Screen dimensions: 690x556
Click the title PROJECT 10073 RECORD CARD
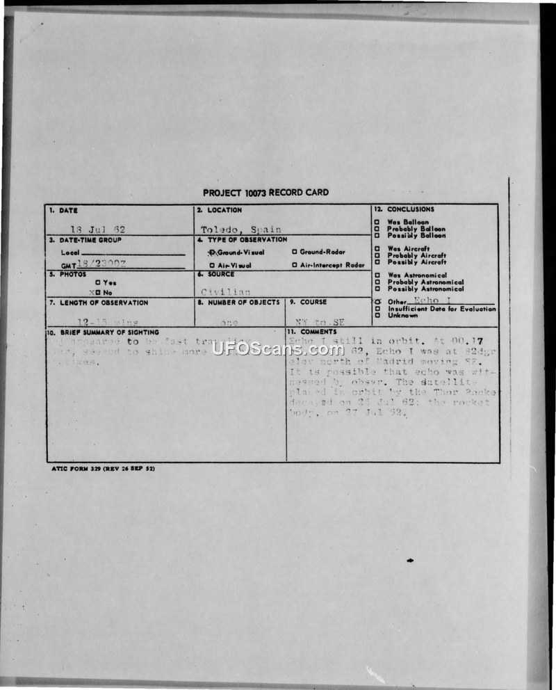[x=265, y=193]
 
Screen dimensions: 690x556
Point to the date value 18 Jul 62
[x=102, y=229]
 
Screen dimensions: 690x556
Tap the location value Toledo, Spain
[x=241, y=230]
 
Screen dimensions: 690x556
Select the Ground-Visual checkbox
[x=213, y=252]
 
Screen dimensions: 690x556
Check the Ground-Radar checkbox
[x=295, y=252]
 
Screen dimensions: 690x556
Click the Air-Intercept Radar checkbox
[x=295, y=265]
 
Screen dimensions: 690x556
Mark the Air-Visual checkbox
[x=212, y=265]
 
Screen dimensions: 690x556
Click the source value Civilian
[x=226, y=292]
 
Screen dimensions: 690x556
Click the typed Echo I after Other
[x=426, y=300]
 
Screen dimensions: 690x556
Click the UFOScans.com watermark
[x=277, y=348]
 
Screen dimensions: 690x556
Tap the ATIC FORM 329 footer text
[x=103, y=469]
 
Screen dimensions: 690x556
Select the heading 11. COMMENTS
[x=313, y=332]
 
